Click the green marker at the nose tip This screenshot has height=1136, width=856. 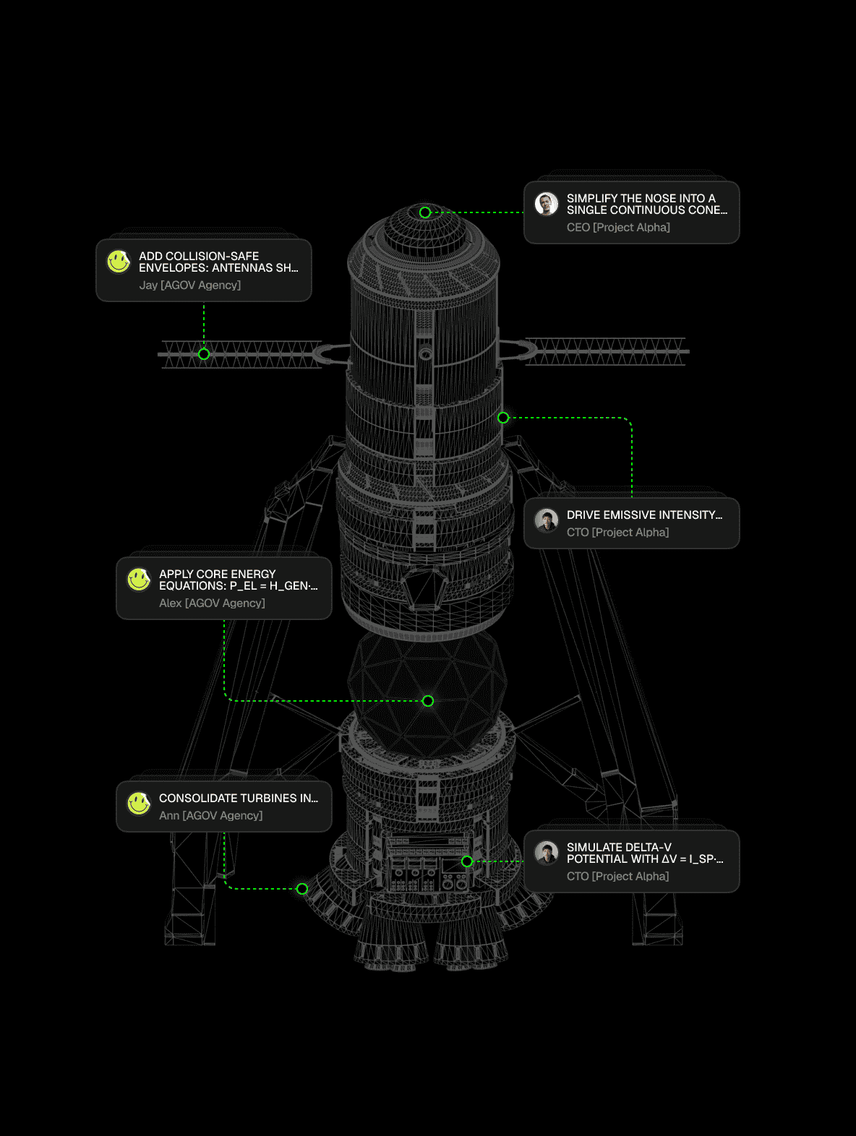tap(425, 212)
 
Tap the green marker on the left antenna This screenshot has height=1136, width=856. tap(204, 354)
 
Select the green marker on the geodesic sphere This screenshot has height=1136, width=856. tap(428, 701)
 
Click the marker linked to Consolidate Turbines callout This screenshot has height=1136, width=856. tap(302, 889)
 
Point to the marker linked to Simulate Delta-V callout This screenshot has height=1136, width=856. tap(467, 861)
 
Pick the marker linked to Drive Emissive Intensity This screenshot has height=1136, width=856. tap(503, 418)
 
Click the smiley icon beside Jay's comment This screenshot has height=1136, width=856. tap(119, 262)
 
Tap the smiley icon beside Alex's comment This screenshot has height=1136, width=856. tap(139, 580)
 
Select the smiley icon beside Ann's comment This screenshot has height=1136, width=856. tap(139, 804)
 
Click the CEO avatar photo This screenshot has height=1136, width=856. tap(547, 204)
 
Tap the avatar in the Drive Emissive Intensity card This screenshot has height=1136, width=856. tap(547, 520)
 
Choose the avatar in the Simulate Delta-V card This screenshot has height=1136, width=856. tap(547, 853)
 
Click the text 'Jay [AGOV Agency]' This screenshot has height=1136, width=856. tap(190, 285)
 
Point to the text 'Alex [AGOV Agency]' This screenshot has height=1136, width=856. tap(212, 603)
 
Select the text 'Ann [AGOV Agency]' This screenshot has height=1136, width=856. tap(210, 816)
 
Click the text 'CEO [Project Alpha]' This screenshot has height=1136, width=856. tap(618, 228)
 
